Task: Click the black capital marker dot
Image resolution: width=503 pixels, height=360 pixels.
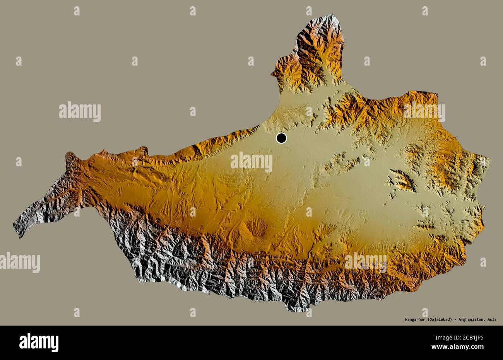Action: pos(281,138)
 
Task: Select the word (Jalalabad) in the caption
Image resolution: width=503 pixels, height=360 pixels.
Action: pos(440,319)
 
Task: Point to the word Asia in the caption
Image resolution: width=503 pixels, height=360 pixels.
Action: pos(492,319)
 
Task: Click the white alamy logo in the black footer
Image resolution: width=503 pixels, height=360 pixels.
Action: pos(39,343)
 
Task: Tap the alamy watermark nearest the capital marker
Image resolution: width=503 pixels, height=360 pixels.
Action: pos(251,162)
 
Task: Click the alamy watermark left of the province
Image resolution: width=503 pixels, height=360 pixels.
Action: pos(80,112)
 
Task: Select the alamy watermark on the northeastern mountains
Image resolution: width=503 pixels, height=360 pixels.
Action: pos(424,112)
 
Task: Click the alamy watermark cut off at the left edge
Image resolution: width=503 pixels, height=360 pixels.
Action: pos(19,263)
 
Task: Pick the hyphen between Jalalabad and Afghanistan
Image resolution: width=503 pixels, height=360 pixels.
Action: pos(455,319)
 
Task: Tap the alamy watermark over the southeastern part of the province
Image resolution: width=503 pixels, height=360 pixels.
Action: pos(366,263)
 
